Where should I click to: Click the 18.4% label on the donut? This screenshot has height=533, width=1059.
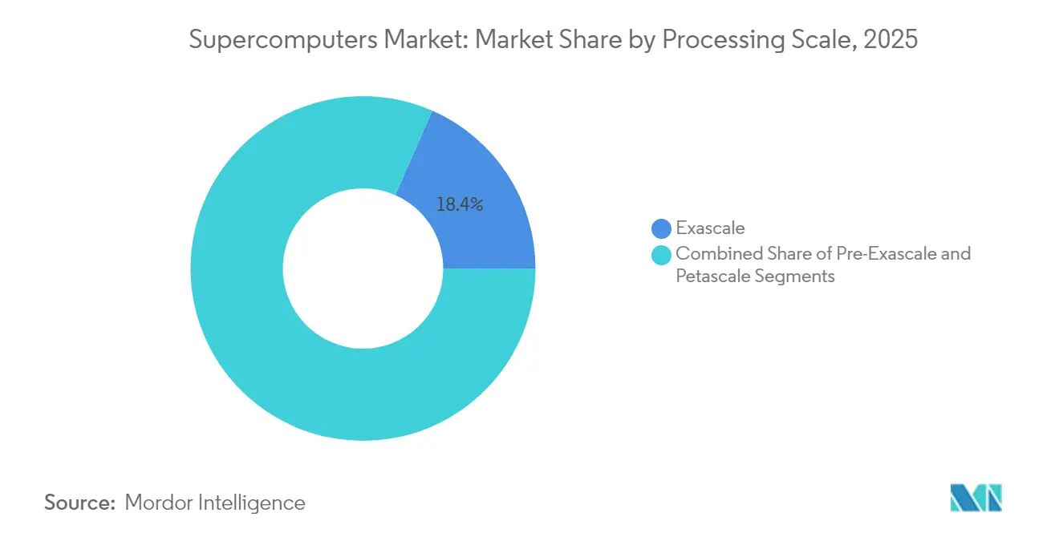[x=459, y=205]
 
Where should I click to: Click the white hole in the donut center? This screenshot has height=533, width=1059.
[x=363, y=269]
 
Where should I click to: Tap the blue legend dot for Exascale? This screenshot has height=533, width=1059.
[x=661, y=229]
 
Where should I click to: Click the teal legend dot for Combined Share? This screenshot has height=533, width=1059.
[x=661, y=255]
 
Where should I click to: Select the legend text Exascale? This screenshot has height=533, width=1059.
[x=710, y=229]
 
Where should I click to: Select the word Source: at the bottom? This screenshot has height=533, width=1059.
[x=79, y=503]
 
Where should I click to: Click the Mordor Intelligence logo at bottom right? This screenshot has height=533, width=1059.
[x=976, y=498]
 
